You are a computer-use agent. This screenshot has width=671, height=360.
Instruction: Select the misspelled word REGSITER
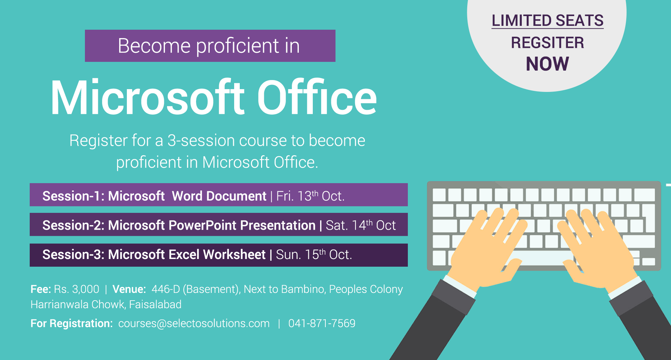pos(547,43)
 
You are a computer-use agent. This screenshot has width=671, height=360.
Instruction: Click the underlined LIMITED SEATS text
pos(548,21)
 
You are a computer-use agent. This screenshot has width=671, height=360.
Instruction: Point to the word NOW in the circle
pos(548,64)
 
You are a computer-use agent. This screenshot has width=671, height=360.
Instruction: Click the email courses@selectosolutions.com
pos(194,324)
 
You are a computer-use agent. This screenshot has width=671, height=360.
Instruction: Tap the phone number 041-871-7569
pos(322,323)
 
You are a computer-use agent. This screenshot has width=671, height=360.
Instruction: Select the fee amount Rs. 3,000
pos(77,289)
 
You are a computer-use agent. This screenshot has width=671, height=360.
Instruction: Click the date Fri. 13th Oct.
pos(310,196)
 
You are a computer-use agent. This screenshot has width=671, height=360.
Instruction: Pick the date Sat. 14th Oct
pos(361,225)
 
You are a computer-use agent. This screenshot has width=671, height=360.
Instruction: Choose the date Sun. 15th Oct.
pos(314,254)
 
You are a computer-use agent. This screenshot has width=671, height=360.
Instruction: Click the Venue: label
pos(129,289)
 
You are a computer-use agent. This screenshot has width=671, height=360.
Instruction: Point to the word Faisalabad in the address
pos(155,304)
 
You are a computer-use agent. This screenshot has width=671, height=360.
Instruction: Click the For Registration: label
pos(72,324)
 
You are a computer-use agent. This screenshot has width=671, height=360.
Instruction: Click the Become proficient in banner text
pos(209,46)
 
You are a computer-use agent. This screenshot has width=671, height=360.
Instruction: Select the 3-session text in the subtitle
pos(201,141)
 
